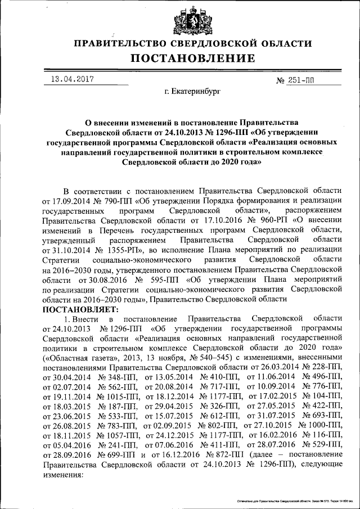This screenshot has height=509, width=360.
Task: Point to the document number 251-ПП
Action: (x=302, y=80)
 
